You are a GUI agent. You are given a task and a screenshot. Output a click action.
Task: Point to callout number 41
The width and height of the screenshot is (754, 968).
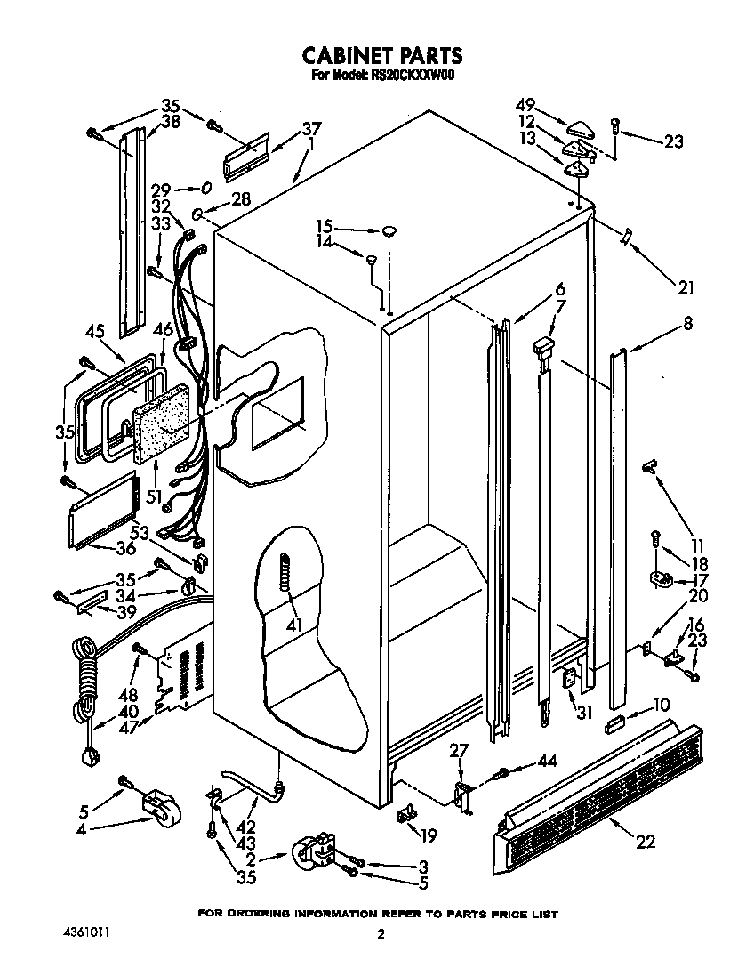294,625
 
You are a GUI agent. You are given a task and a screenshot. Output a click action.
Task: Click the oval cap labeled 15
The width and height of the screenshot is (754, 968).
389,232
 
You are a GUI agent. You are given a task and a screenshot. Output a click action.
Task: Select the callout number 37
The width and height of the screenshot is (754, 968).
311,128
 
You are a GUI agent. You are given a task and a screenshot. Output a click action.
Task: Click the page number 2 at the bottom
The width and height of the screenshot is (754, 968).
380,933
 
